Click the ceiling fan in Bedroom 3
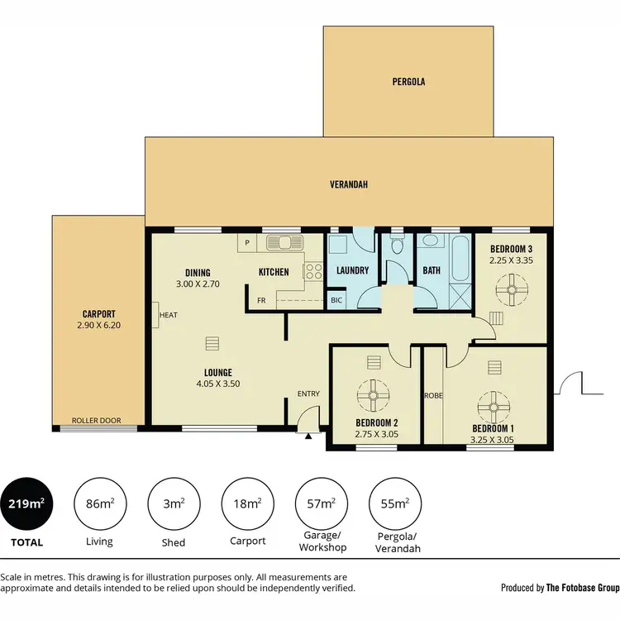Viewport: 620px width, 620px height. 510,289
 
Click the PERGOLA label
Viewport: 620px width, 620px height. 408,82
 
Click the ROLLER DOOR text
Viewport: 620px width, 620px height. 97,421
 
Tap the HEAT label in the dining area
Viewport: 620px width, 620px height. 169,315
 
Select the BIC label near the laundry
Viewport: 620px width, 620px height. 336,299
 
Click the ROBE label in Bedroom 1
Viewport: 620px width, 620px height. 433,396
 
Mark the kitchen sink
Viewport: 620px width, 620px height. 284,243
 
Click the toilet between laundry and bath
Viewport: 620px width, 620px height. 397,246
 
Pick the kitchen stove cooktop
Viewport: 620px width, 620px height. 313,269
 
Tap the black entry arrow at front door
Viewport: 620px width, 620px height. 308,436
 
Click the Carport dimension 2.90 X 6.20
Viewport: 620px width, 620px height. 98,326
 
